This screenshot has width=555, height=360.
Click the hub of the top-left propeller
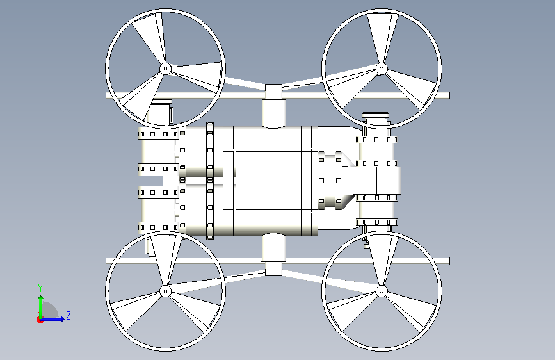pyautogui.click(x=165, y=69)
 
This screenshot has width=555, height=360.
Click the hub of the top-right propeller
pyautogui.click(x=382, y=69)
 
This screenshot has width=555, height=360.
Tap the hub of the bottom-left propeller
pyautogui.click(x=165, y=291)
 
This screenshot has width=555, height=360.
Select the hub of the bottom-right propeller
pyautogui.click(x=382, y=291)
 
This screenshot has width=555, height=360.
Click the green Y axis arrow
pyautogui.click(x=41, y=307)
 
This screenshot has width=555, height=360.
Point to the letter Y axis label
pyautogui.click(x=40, y=288)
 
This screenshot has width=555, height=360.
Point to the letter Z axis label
pyautogui.click(x=68, y=315)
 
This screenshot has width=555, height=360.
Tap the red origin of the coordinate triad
pyautogui.click(x=40, y=320)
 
